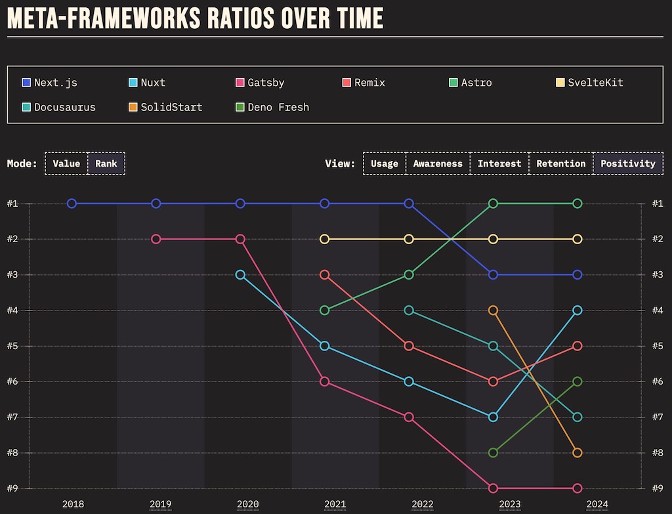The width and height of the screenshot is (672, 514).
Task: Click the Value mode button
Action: pyautogui.click(x=66, y=163)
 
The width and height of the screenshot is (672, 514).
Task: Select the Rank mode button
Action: pyautogui.click(x=106, y=163)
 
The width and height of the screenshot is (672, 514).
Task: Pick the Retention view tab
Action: pyautogui.click(x=560, y=163)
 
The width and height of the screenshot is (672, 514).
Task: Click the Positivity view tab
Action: pyautogui.click(x=627, y=163)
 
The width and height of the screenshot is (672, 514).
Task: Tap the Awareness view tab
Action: pyautogui.click(x=438, y=163)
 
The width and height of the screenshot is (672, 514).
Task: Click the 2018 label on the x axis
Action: pyautogui.click(x=73, y=505)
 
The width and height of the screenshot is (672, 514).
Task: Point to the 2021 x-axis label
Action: pyautogui.click(x=335, y=505)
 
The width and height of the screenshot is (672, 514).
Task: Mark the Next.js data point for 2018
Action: pyautogui.click(x=72, y=203)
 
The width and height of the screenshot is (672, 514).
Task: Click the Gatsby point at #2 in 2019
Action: pyautogui.click(x=156, y=239)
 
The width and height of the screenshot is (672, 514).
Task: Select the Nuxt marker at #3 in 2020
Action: pyautogui.click(x=240, y=274)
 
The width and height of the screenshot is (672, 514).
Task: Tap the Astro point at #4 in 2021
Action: pyautogui.click(x=324, y=310)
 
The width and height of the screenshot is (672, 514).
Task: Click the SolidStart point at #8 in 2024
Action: pyautogui.click(x=577, y=452)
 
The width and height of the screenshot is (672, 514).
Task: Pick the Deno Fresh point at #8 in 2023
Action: pyautogui.click(x=493, y=452)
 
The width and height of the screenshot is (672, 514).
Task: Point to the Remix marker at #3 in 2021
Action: pyautogui.click(x=324, y=274)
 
